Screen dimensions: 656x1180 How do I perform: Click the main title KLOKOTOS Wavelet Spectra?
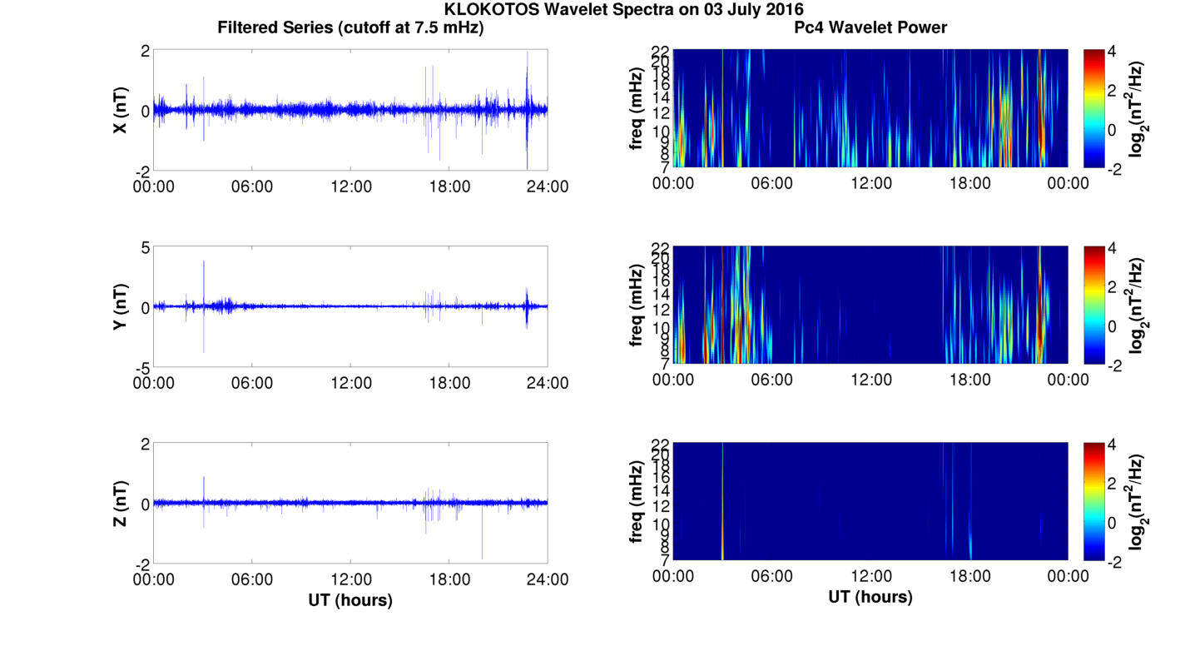coord(623,10)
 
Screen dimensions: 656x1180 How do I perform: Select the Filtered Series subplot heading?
coord(350,27)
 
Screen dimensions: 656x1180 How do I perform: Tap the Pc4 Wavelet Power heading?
coord(870,27)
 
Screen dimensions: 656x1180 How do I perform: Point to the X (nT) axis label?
coord(121,110)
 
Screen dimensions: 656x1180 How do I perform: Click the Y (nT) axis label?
coord(121,306)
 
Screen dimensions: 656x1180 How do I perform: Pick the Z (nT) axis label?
coord(121,503)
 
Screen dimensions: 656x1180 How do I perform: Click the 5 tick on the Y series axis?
coord(145,248)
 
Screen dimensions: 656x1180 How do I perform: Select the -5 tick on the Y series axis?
coord(141,367)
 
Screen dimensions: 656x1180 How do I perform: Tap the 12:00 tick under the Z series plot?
coord(350,579)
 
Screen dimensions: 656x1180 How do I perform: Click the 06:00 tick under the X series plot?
coord(252,186)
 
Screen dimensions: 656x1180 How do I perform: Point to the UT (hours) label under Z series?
coord(350,599)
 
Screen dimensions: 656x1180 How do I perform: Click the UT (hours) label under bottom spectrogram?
coord(870,596)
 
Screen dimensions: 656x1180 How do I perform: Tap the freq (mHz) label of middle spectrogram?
coord(637,306)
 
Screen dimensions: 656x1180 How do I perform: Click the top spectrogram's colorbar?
coord(1093,108)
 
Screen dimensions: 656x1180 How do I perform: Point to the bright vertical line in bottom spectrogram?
coord(722,501)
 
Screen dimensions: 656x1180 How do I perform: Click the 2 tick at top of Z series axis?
coord(145,445)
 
